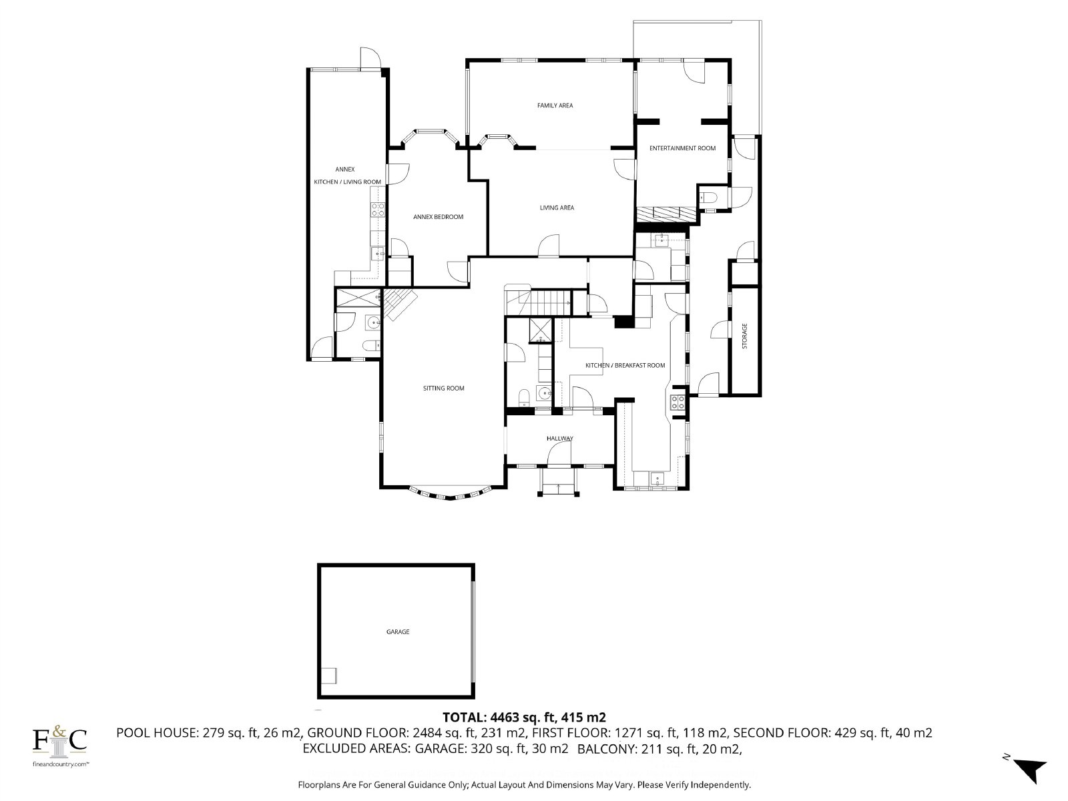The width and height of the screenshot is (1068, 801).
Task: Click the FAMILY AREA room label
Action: point(555,105)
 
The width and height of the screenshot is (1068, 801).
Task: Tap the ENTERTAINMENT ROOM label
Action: point(682,148)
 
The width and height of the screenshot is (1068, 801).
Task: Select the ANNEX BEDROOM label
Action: point(438,217)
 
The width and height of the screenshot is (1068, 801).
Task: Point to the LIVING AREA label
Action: point(557,208)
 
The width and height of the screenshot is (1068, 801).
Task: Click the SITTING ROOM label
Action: point(443,388)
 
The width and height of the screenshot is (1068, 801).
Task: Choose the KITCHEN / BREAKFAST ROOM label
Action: point(625,365)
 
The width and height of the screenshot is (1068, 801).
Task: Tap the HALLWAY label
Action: point(559,438)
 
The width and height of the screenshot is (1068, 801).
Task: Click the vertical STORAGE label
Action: point(744,336)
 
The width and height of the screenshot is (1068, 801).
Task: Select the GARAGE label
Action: point(398,631)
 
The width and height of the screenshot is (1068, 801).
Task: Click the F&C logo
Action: point(59,741)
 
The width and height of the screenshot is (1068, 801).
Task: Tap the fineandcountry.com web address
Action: point(60,764)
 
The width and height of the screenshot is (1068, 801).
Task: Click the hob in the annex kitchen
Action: point(378,210)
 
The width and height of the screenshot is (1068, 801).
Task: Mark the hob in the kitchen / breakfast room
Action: point(678,403)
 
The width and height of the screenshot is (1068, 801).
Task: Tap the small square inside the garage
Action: point(329,676)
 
